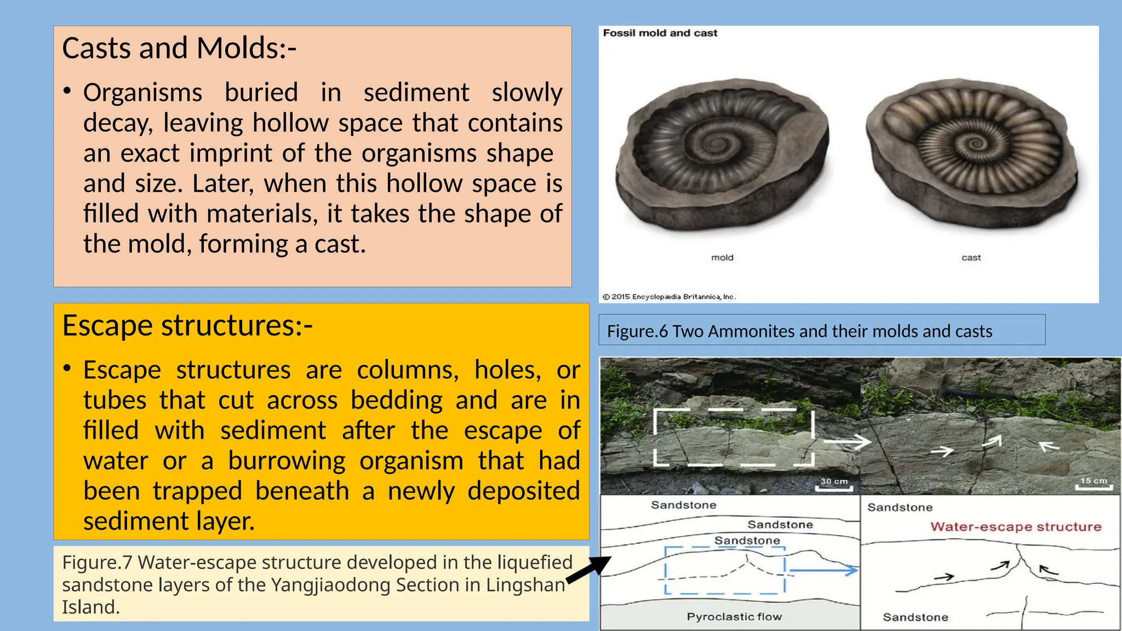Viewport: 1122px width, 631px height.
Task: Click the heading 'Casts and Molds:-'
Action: point(179,48)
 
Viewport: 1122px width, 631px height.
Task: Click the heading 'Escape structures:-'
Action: point(187,325)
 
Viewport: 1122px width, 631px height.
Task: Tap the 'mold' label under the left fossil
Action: point(722,257)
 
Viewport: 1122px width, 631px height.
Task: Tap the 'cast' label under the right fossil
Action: point(971,257)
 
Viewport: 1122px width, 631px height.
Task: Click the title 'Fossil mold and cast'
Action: point(660,33)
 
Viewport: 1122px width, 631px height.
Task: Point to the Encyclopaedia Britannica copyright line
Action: point(669,297)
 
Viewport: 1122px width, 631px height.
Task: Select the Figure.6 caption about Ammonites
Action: point(799,331)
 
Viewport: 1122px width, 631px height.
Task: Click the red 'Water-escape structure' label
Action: point(1015,527)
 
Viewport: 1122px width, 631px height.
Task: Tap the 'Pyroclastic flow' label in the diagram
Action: point(734,617)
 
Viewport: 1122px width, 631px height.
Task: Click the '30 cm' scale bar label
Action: point(834,481)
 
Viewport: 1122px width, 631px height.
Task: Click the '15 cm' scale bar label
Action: point(1094,480)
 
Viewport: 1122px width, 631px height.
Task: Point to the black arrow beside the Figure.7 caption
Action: point(589,570)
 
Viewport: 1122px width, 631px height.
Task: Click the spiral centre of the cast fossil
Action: point(976,144)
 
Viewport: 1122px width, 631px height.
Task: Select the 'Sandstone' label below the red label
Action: point(915,617)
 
